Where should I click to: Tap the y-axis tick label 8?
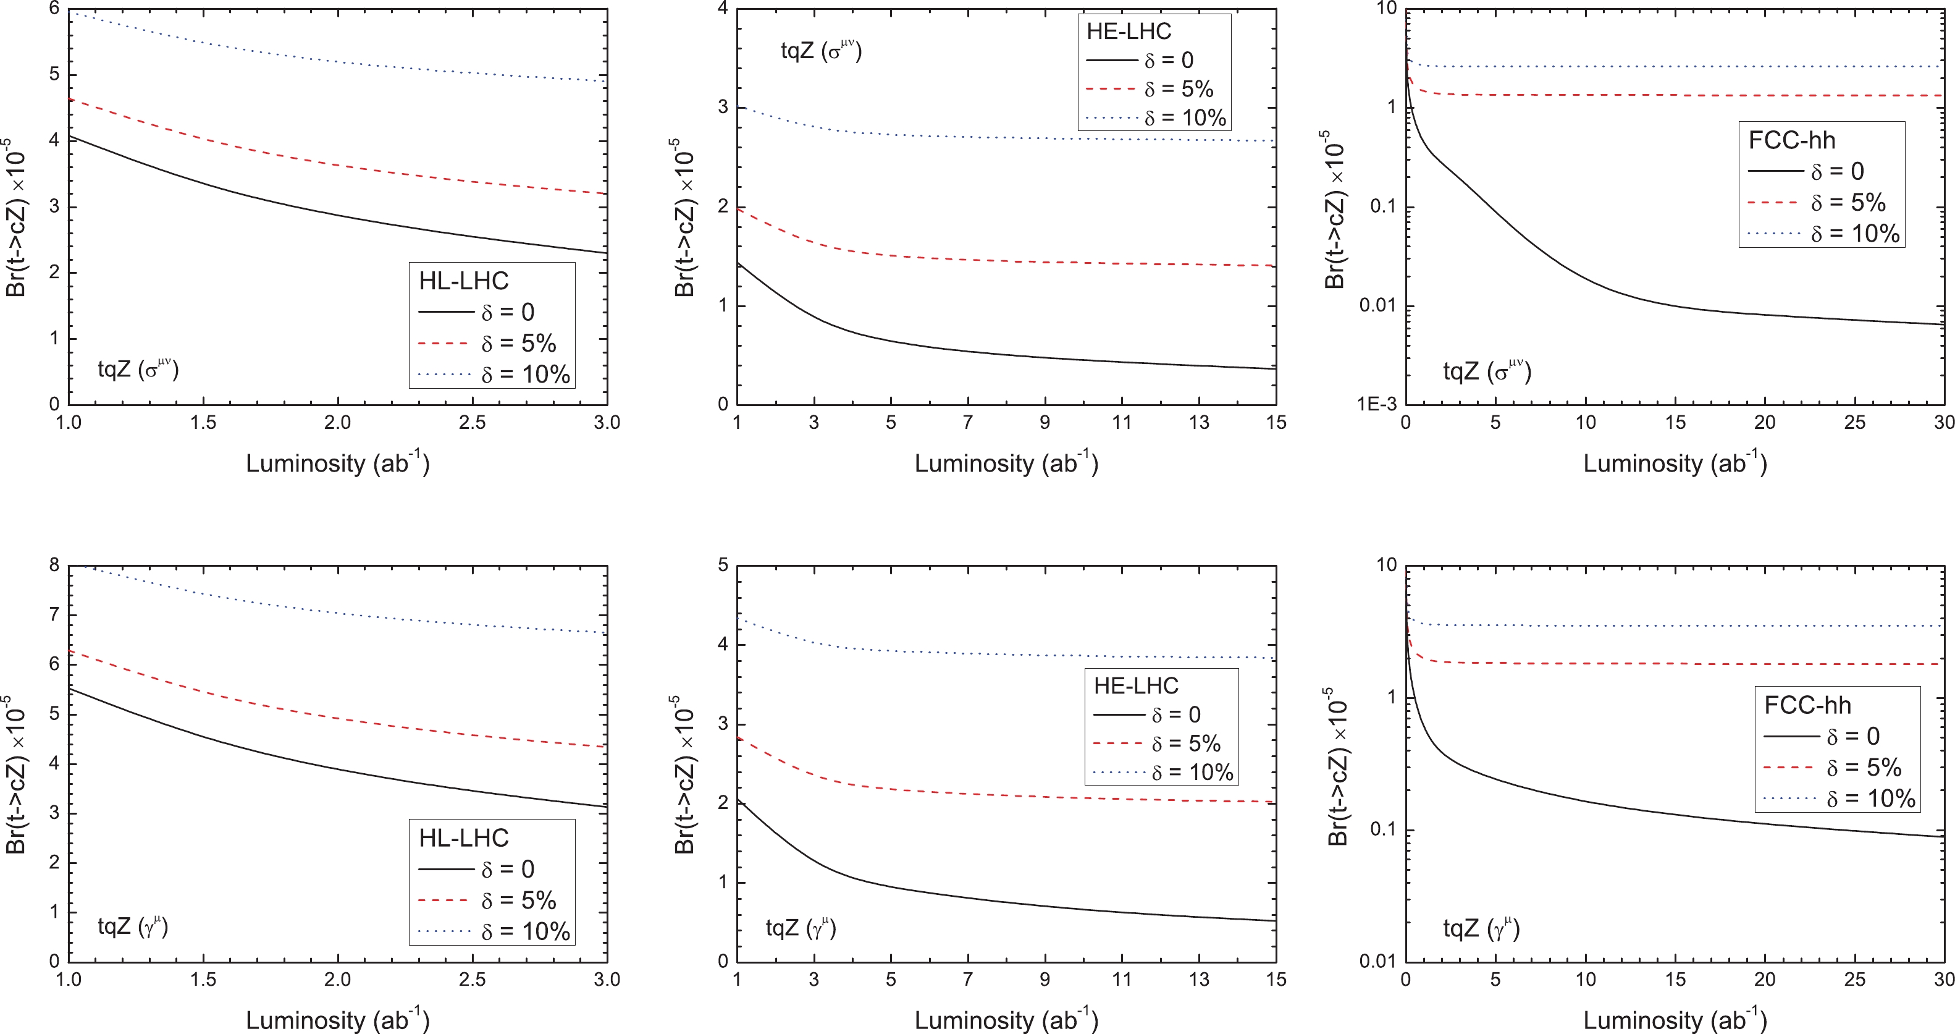pos(54,565)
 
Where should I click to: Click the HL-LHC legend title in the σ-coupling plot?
pos(464,281)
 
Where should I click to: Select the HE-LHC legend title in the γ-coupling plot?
pos(1135,685)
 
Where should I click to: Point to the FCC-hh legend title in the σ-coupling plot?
pos(1792,140)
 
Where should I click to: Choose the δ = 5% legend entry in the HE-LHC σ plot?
pos(1179,89)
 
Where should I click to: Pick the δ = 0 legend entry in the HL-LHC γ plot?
pos(508,868)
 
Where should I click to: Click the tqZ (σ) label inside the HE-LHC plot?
pos(821,51)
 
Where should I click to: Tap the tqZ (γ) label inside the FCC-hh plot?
pos(1481,928)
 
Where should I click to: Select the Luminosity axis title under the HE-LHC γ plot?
pos(1006,1020)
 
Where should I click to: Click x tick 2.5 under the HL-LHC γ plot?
pos(472,980)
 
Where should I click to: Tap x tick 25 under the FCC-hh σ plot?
pos(1854,423)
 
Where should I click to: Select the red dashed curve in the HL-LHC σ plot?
pos(338,161)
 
